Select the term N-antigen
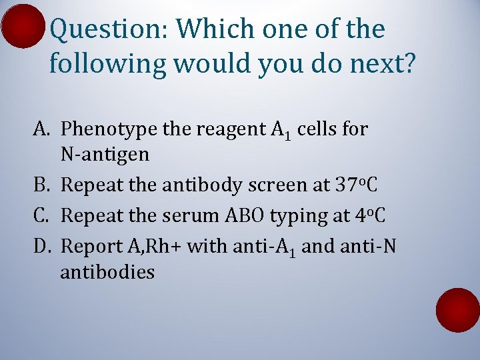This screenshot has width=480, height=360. [105, 156]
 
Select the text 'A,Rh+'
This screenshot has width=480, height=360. [153, 246]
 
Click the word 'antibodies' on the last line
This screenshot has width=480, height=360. [107, 273]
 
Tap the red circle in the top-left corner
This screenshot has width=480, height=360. [21, 25]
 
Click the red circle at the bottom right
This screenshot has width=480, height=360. [458, 311]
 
